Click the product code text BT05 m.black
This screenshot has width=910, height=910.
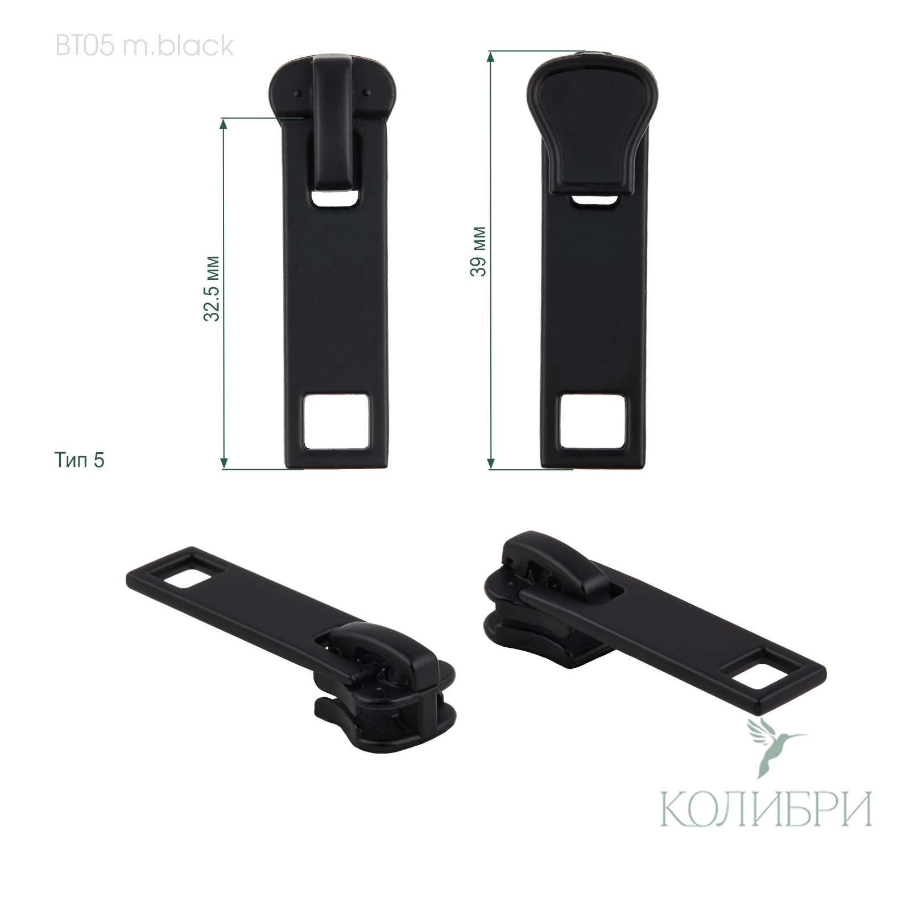pos(144,46)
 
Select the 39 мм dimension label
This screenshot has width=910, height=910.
pos(478,251)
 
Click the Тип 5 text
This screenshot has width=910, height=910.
pos(80,460)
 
